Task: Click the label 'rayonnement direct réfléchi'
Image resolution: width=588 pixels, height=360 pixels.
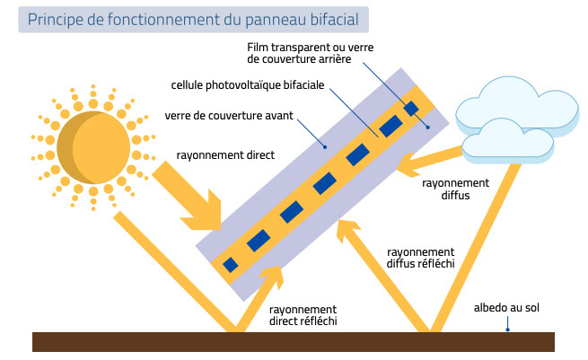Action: pos(303,314)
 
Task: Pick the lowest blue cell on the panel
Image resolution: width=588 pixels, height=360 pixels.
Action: pos(231,264)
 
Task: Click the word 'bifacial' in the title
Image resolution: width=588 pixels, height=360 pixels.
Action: pos(329,19)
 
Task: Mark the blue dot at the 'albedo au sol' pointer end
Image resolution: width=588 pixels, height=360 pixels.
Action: pos(507,329)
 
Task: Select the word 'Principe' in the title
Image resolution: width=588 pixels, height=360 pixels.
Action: pos(56,19)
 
